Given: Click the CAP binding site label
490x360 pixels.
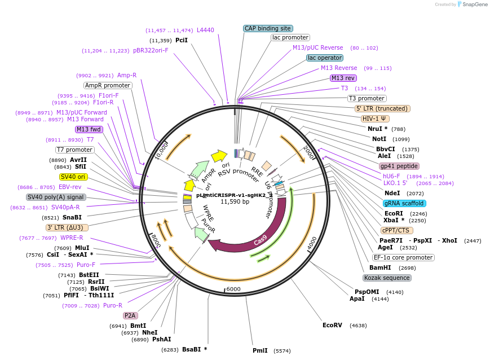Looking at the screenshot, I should coord(268,28).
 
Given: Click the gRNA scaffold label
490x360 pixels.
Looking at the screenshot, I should coord(404,203).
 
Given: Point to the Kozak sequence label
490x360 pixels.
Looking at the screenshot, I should coord(387,278).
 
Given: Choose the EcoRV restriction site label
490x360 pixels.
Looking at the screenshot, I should coord(332,325).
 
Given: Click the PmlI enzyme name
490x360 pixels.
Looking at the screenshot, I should coord(260,350).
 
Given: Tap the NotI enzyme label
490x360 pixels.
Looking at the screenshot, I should coord(379,139).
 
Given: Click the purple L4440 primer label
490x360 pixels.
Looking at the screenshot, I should coord(205,30).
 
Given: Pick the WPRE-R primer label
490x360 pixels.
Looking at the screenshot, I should coord(72,238).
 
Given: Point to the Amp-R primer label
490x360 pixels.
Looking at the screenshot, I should coord(127,75).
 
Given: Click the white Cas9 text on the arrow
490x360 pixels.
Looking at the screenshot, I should coord(261,240).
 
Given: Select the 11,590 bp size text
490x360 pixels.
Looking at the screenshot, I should coord(235,201).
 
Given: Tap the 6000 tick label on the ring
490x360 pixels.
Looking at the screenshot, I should coord(233,289).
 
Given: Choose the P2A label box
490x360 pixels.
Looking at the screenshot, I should coord(130,315).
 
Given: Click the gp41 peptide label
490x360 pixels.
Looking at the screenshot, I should coord(399,166).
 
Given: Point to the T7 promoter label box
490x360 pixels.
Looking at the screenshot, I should coord(74,150).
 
